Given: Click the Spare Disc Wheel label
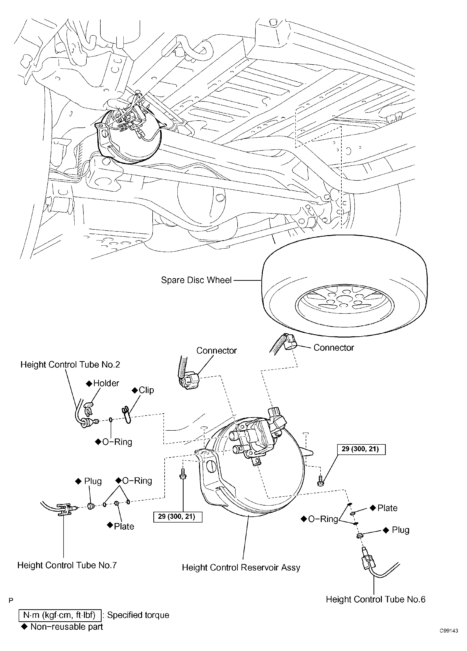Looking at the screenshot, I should [x=196, y=280].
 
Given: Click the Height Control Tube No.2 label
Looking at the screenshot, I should [x=70, y=365].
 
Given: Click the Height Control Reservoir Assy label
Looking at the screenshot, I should [x=241, y=567].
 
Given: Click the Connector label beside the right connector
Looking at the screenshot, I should [x=334, y=348].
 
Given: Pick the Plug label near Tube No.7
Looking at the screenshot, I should [x=92, y=481].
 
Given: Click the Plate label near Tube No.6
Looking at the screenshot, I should [x=387, y=508].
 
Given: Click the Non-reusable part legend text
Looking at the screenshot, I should [x=66, y=627].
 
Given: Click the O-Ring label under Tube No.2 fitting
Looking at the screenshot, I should [x=117, y=442].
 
